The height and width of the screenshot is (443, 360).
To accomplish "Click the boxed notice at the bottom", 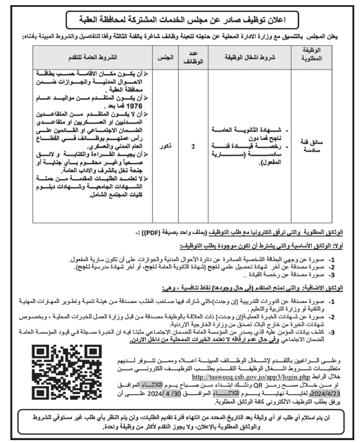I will click(179, 422).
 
